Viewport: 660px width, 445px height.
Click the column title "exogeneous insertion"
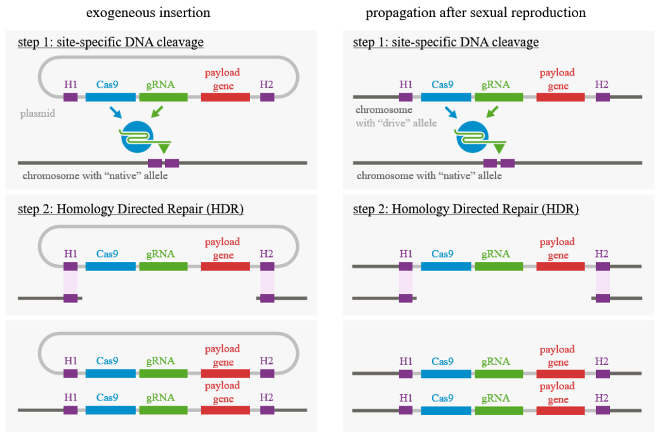click(148, 13)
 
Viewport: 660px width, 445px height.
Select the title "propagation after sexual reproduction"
click(475, 13)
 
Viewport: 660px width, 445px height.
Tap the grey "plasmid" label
click(36, 114)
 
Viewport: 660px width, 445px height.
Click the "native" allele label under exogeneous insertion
click(95, 175)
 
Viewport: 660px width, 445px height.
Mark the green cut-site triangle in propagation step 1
click(499, 149)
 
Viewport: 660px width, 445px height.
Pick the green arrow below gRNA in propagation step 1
click(491, 113)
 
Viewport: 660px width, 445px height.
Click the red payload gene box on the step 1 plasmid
click(225, 97)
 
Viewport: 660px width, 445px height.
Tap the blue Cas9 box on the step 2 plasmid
click(110, 266)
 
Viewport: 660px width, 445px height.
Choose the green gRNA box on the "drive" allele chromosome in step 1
click(498, 97)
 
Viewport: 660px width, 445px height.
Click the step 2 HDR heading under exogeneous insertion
click(130, 209)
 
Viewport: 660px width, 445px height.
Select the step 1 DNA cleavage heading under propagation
click(445, 43)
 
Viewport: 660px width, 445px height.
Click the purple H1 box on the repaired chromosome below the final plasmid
click(70, 410)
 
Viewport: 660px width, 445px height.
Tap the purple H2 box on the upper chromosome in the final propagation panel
click(602, 374)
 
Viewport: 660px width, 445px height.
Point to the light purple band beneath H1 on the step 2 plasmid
click(70, 282)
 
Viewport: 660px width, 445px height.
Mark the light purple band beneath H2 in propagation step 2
click(602, 282)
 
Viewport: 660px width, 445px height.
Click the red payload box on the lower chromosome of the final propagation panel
click(560, 410)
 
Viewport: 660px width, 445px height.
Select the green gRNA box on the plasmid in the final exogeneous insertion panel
click(163, 374)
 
